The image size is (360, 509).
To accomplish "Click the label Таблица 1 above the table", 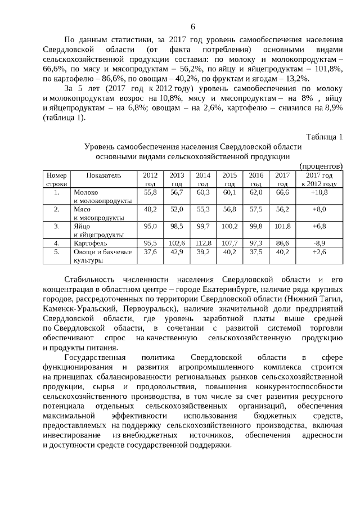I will pyautogui.click(x=324, y=137).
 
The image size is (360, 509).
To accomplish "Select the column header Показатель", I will pyautogui.click(x=103, y=175).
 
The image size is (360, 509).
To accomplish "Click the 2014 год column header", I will pyautogui.click(x=203, y=179).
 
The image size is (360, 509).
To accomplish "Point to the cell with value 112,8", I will pyautogui.click(x=203, y=243).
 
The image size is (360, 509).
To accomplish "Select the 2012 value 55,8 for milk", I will pyautogui.click(x=150, y=192).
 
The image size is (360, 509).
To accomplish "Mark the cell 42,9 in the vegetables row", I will pyautogui.click(x=177, y=252).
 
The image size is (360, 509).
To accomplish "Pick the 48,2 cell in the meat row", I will pyautogui.click(x=150, y=209).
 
